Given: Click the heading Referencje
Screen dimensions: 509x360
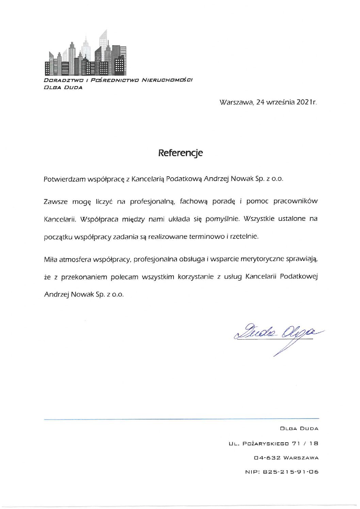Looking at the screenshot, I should [180, 153].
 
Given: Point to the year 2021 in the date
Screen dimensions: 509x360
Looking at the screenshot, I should [304, 102].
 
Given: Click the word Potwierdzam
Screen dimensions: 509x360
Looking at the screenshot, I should [64, 179].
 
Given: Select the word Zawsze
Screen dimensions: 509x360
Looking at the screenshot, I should [55, 201].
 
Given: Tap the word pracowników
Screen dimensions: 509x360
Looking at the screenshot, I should [295, 201].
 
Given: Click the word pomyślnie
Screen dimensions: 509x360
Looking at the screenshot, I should [223, 219].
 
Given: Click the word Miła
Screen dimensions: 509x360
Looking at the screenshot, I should [51, 259].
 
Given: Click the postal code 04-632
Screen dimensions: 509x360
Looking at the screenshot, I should [267, 458].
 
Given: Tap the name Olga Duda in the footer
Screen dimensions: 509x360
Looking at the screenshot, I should [299, 429].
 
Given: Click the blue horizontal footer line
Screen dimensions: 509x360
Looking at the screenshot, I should [181, 419].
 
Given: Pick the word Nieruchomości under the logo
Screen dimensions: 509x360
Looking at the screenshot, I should [167, 80].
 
